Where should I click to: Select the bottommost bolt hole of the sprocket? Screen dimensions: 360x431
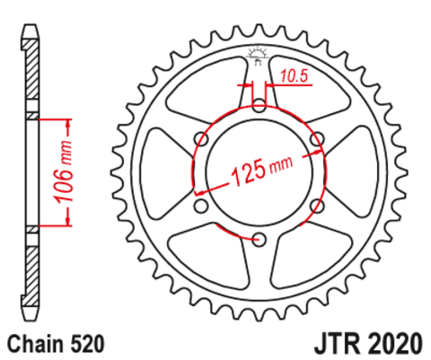coord(259,238)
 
